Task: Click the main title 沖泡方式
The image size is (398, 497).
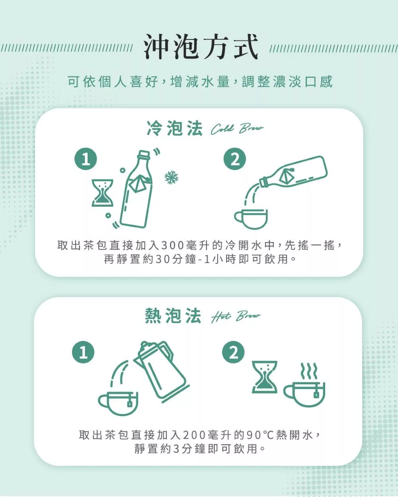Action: tap(200, 47)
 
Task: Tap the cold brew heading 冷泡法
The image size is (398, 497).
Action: tap(175, 128)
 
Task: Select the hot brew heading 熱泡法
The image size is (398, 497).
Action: tap(173, 316)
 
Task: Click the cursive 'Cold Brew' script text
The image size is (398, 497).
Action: tap(237, 129)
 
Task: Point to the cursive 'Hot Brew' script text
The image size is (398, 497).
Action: tap(236, 316)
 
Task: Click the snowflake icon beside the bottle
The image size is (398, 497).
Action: tap(171, 177)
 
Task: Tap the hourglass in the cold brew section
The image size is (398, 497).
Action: tap(103, 193)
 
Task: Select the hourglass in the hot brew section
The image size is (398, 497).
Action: tap(265, 377)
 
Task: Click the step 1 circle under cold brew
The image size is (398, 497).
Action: tap(86, 159)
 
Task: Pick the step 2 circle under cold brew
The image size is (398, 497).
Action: tap(235, 159)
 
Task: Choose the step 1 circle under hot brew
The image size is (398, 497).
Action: tap(83, 352)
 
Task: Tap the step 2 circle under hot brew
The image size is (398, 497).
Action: tap(233, 352)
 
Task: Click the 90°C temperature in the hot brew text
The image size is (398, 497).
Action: tap(260, 435)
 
